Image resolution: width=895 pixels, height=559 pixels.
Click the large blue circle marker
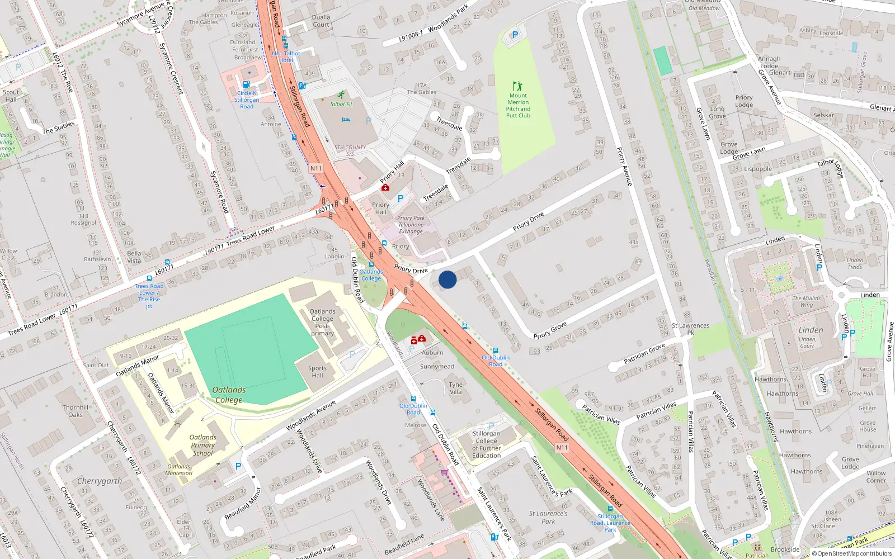point(447,279)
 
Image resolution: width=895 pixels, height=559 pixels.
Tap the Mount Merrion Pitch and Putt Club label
point(518,106)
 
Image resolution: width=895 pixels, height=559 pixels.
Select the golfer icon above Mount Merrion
point(517,86)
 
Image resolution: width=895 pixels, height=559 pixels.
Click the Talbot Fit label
point(341,104)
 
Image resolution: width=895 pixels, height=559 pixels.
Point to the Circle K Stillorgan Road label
point(247,100)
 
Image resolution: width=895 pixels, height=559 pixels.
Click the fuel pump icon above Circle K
point(247,85)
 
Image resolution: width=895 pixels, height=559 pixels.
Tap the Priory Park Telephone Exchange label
point(411,225)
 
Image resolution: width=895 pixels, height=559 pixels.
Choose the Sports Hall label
point(317,372)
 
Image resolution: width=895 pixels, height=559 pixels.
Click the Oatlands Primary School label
point(202,446)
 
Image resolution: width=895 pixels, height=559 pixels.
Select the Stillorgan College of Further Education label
point(487,444)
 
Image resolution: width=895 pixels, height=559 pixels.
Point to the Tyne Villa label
point(456,388)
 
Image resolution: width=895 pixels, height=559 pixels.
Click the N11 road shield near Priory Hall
point(315,168)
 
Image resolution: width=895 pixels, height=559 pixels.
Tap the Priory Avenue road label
point(624,167)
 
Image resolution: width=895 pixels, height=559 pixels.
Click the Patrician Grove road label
point(644,353)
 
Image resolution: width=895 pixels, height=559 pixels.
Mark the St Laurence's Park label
point(548,517)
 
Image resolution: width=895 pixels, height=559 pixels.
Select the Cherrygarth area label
point(100,481)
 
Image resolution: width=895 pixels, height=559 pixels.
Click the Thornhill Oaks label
point(76,411)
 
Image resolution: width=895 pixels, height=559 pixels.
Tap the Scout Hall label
point(11,96)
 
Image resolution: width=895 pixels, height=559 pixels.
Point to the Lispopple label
point(758,169)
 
